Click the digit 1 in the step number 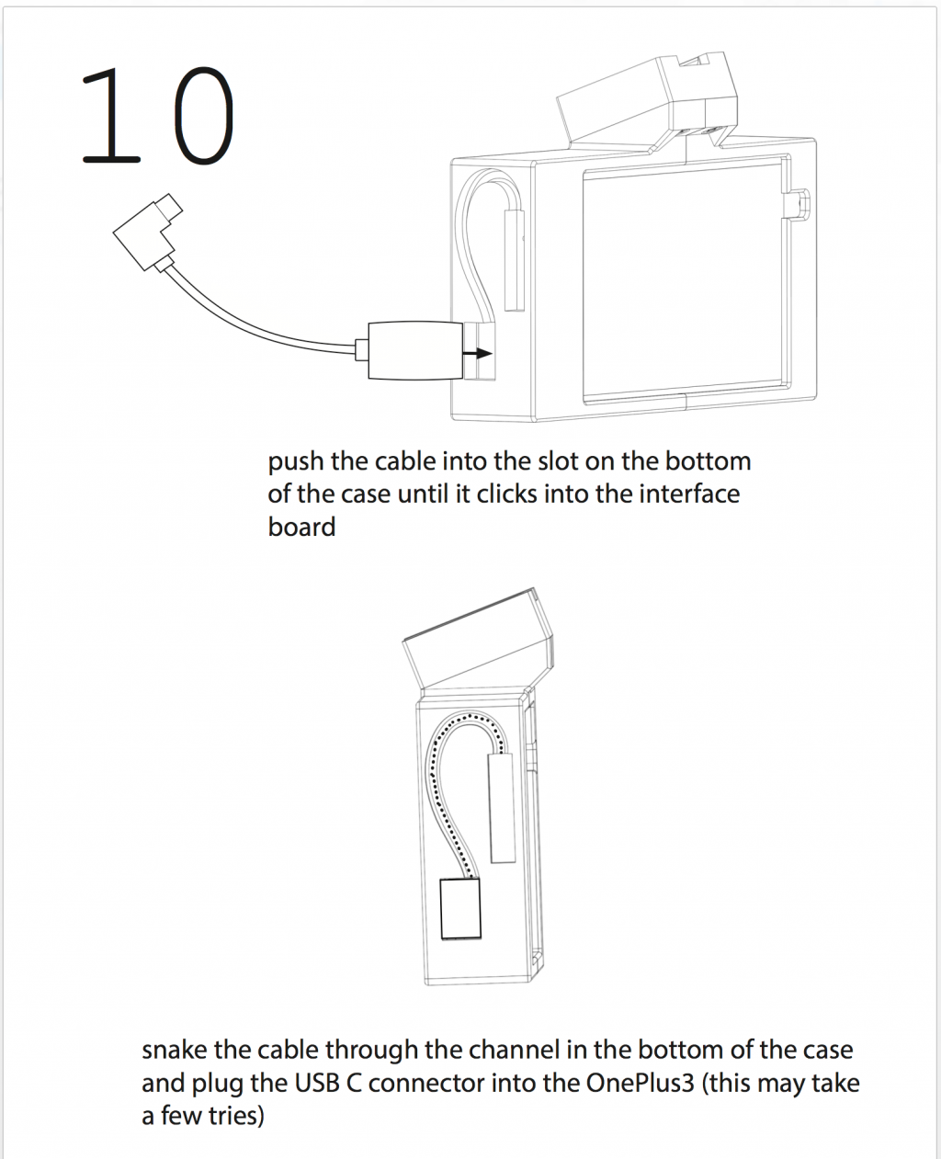pos(111,116)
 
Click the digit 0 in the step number pos(204,116)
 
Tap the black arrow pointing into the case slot pos(477,354)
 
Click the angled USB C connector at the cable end pos(147,232)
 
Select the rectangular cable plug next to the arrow pos(415,350)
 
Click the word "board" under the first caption pos(301,527)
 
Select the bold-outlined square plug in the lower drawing pos(460,909)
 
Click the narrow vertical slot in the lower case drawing pos(502,808)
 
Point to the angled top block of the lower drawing pos(478,641)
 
